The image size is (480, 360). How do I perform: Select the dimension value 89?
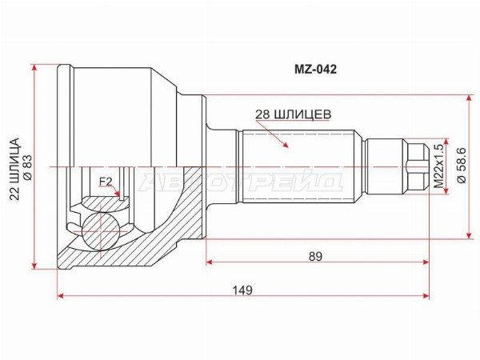click(315, 256)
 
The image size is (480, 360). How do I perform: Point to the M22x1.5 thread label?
click(438, 166)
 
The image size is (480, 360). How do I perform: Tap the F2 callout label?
click(105, 182)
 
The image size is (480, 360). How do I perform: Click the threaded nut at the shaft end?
click(414, 166)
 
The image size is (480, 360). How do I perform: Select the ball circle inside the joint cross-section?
click(102, 228)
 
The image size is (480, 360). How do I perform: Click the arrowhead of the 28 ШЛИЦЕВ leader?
click(286, 146)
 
